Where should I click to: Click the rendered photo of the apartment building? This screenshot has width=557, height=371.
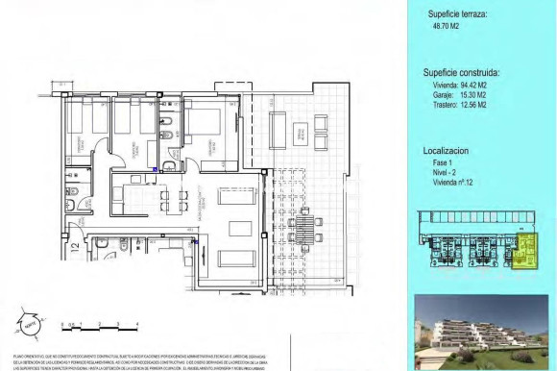(x=484, y=333)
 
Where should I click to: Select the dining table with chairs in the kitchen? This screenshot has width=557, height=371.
(x=171, y=199)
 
